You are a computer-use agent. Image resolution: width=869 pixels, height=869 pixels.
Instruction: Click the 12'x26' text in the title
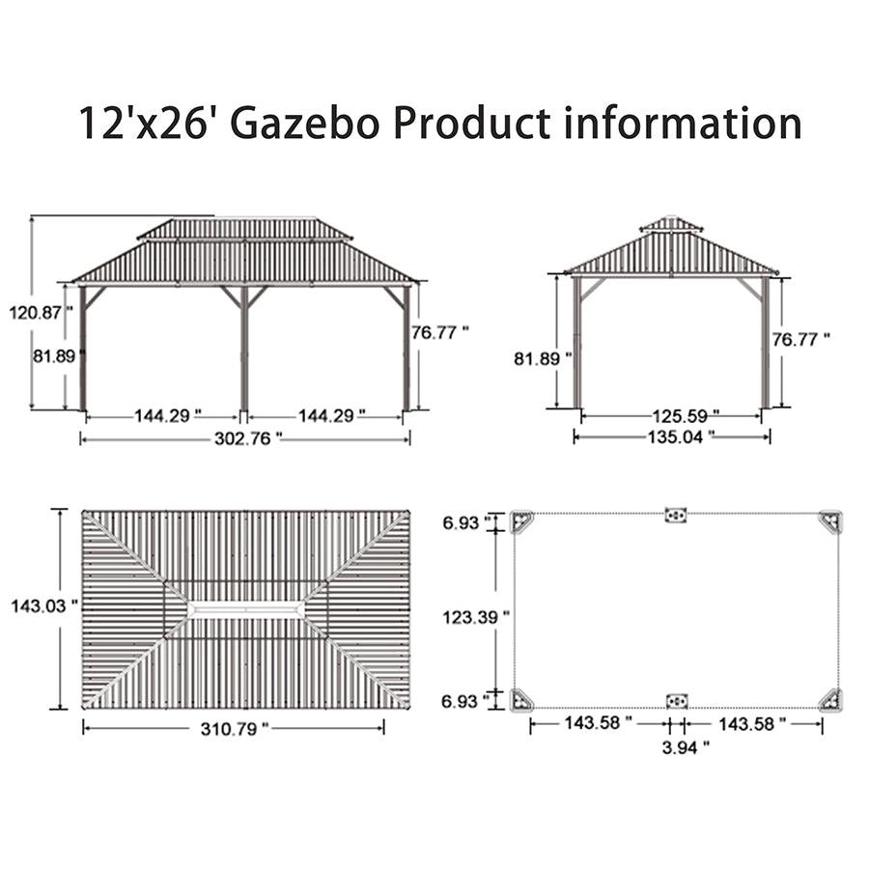click(x=145, y=122)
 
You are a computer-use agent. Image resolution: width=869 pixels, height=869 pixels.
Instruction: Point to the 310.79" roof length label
click(x=235, y=728)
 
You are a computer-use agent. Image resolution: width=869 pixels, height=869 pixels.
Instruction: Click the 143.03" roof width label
click(x=44, y=605)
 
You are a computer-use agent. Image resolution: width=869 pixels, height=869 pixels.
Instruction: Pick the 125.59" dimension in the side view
click(x=686, y=415)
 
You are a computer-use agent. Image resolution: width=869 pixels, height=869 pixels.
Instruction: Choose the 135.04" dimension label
click(x=681, y=436)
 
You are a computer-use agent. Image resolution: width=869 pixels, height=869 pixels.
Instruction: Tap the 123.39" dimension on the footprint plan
click(x=476, y=617)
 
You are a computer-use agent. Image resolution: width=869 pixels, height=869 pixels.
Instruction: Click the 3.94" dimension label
click(x=686, y=747)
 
